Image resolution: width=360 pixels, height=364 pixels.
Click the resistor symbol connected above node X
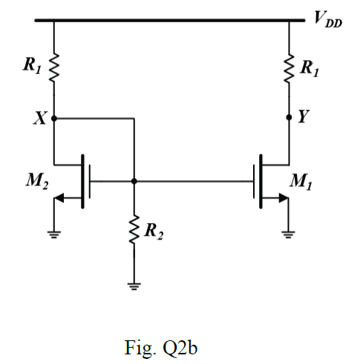pyautogui.click(x=54, y=71)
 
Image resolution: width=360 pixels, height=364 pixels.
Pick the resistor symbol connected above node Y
pyautogui.click(x=290, y=70)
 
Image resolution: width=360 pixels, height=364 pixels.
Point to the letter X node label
pyautogui.click(x=39, y=118)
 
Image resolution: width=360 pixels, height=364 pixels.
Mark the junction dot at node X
pyautogui.click(x=54, y=118)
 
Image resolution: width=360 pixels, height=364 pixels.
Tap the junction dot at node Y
pyautogui.click(x=290, y=118)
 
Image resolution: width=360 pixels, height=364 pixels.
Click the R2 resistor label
pyautogui.click(x=154, y=232)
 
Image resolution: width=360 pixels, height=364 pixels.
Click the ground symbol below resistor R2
pyautogui.click(x=134, y=285)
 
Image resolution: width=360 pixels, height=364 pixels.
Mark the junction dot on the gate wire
pyautogui.click(x=134, y=180)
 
